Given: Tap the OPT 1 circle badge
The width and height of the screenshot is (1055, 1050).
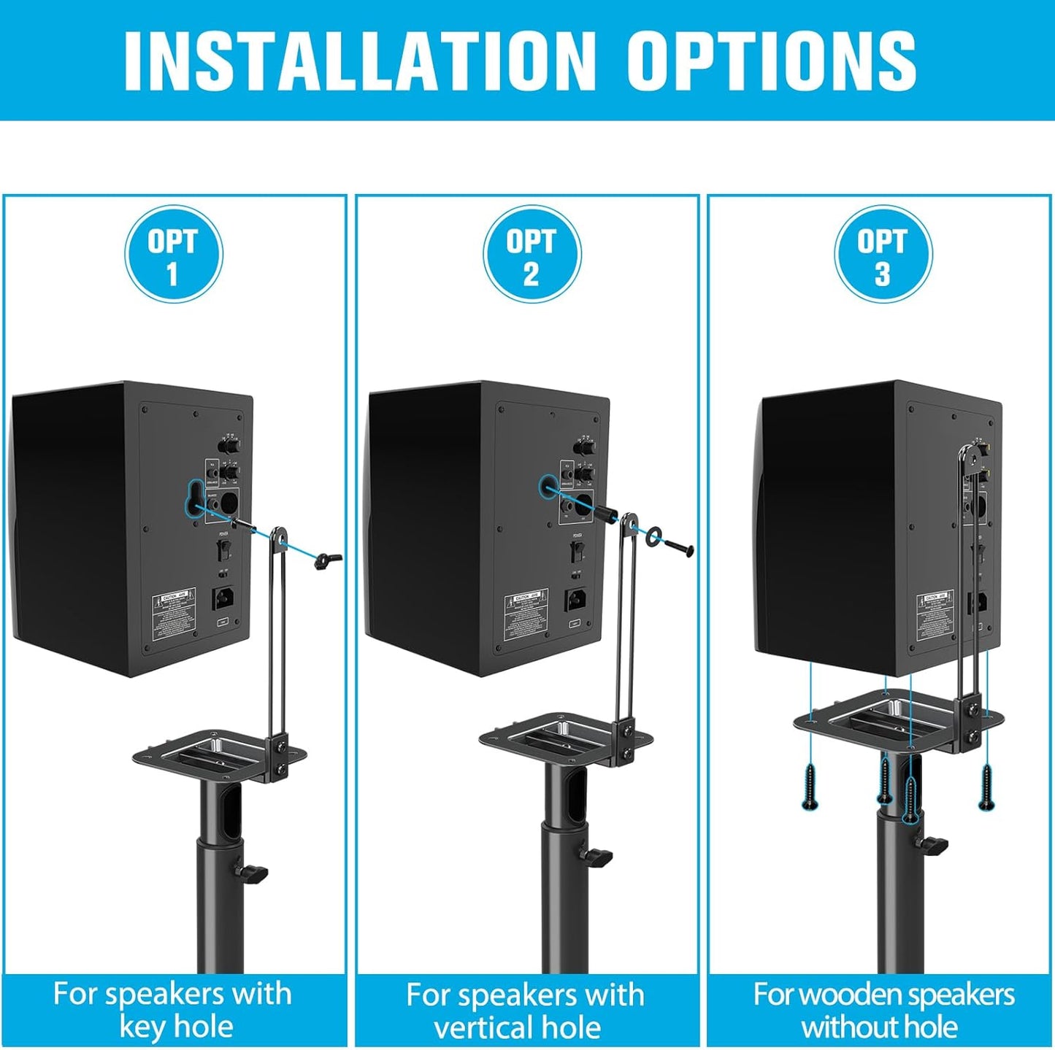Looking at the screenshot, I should (x=173, y=255).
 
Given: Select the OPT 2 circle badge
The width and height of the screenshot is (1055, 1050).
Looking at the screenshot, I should (x=532, y=255).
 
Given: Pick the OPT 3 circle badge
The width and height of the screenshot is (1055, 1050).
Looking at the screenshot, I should (x=883, y=255).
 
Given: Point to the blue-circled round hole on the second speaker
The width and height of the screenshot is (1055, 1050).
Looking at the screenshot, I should (x=548, y=486).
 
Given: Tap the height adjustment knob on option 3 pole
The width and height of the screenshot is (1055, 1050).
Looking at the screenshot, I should (x=932, y=845).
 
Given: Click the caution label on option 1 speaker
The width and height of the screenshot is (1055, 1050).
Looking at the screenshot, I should (x=174, y=610).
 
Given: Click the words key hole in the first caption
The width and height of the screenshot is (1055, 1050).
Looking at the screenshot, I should (x=176, y=1027).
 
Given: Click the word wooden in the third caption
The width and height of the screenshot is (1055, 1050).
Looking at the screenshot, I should (x=851, y=995).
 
